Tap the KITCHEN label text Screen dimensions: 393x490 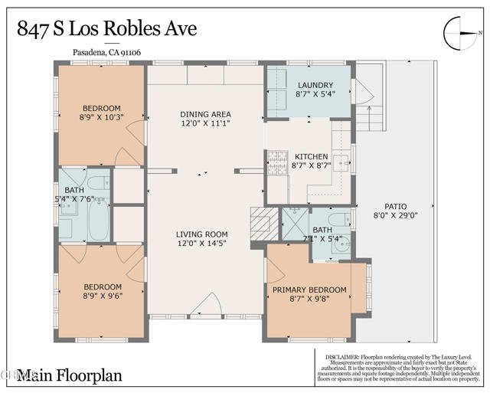311,156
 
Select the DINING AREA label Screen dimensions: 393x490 205,114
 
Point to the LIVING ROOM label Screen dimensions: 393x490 201,234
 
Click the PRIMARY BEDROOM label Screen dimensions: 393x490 309,290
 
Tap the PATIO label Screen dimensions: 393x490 396,206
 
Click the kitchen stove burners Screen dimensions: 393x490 276,162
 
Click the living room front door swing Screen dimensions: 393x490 205,306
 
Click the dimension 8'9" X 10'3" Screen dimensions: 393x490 101,117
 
